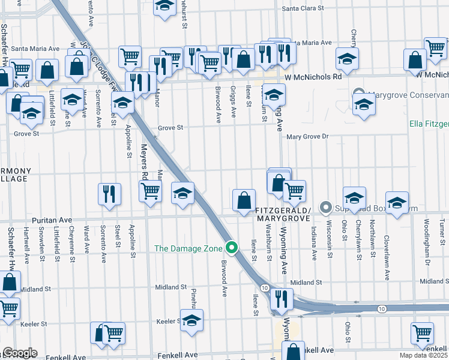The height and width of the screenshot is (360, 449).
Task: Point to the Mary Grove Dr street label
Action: click(308, 137)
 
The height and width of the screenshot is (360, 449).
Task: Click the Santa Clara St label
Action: click(303, 8)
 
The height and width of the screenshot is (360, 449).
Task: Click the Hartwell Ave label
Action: click(27, 246)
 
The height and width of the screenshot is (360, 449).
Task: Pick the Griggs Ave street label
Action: click(233, 102)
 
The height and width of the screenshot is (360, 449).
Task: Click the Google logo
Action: click(20, 353)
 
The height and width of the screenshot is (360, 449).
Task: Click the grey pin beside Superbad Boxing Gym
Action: click(326, 208)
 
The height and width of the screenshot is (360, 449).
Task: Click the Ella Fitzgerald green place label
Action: click(429, 124)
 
